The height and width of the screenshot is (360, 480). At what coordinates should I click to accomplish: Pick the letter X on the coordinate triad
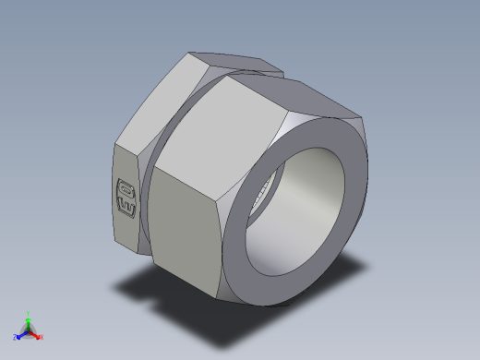tap(42, 338)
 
